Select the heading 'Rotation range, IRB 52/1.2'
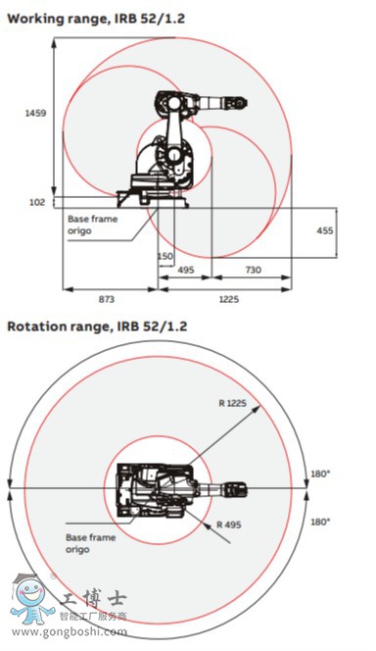pyautogui.click(x=97, y=325)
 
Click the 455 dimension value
pyautogui.click(x=323, y=229)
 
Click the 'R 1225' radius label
pyautogui.click(x=234, y=403)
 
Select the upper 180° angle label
pyautogui.click(x=321, y=473)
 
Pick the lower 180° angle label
pyautogui.click(x=321, y=521)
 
